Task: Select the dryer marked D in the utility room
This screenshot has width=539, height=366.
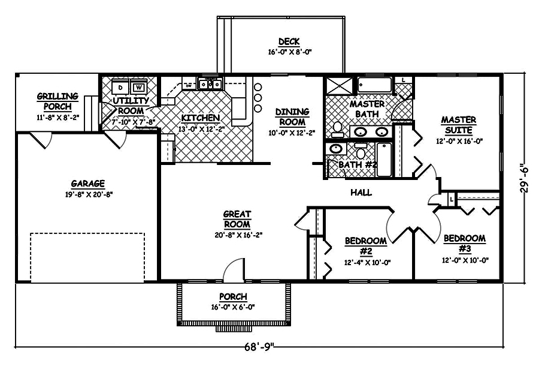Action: click(120, 87)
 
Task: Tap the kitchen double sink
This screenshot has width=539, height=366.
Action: click(210, 85)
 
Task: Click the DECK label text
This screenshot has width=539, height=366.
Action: click(288, 42)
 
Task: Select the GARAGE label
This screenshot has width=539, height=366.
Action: click(88, 184)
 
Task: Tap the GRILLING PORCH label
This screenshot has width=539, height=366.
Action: click(57, 100)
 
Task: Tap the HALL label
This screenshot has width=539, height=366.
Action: click(361, 193)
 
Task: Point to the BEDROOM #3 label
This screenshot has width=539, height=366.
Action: click(464, 243)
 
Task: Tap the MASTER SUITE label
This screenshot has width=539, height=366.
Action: click(458, 125)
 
